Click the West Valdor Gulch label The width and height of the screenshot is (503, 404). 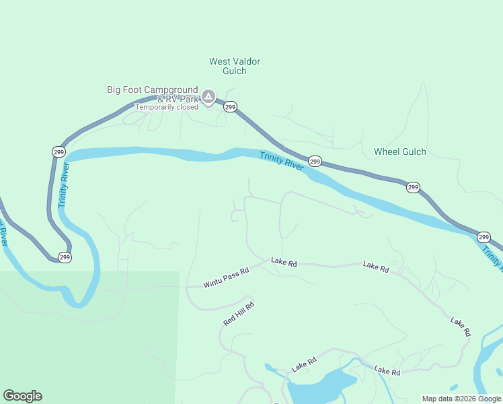click(x=235, y=66)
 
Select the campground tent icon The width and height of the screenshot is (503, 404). click(x=209, y=98)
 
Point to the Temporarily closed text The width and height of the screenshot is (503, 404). click(x=167, y=107)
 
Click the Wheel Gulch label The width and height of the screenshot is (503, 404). click(x=400, y=151)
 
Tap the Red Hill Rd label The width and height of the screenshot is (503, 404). click(x=239, y=314)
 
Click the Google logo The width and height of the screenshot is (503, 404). click(x=22, y=396)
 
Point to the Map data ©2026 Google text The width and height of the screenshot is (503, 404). click(x=461, y=399)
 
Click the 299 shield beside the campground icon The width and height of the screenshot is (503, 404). click(x=230, y=107)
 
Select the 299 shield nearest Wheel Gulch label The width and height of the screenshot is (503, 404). click(x=413, y=187)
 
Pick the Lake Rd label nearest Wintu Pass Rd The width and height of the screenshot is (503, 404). click(x=284, y=262)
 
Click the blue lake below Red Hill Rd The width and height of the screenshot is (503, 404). click(x=319, y=386)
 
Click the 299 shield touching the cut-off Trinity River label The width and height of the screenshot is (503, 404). click(x=483, y=237)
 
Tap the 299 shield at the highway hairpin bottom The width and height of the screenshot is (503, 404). click(x=65, y=257)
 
